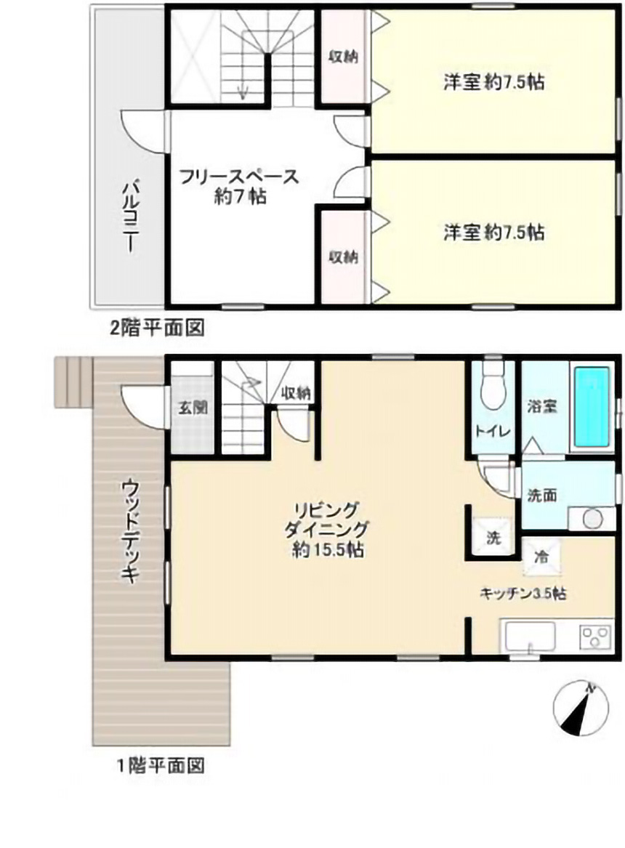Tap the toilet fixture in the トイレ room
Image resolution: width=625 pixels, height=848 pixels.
[x=492, y=388]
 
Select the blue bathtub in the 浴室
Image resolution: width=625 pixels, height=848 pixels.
[x=592, y=407]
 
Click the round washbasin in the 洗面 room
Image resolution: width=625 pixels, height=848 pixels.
[x=592, y=519]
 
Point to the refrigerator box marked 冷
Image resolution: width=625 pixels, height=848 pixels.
[x=541, y=557]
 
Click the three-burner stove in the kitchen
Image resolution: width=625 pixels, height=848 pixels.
[x=596, y=637]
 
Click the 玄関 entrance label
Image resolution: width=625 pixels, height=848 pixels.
[x=193, y=407]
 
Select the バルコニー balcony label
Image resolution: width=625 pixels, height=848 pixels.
[x=130, y=217]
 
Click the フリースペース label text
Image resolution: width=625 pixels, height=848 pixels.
[x=238, y=177]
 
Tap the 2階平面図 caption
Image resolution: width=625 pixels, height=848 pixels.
[x=157, y=328]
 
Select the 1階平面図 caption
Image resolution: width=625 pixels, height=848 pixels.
[x=161, y=766]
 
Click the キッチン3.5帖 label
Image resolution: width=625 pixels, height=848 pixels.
[x=523, y=593]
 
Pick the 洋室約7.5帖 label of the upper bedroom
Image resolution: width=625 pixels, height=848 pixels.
[x=493, y=82]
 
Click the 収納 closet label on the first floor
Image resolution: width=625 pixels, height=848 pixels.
[x=296, y=393]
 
